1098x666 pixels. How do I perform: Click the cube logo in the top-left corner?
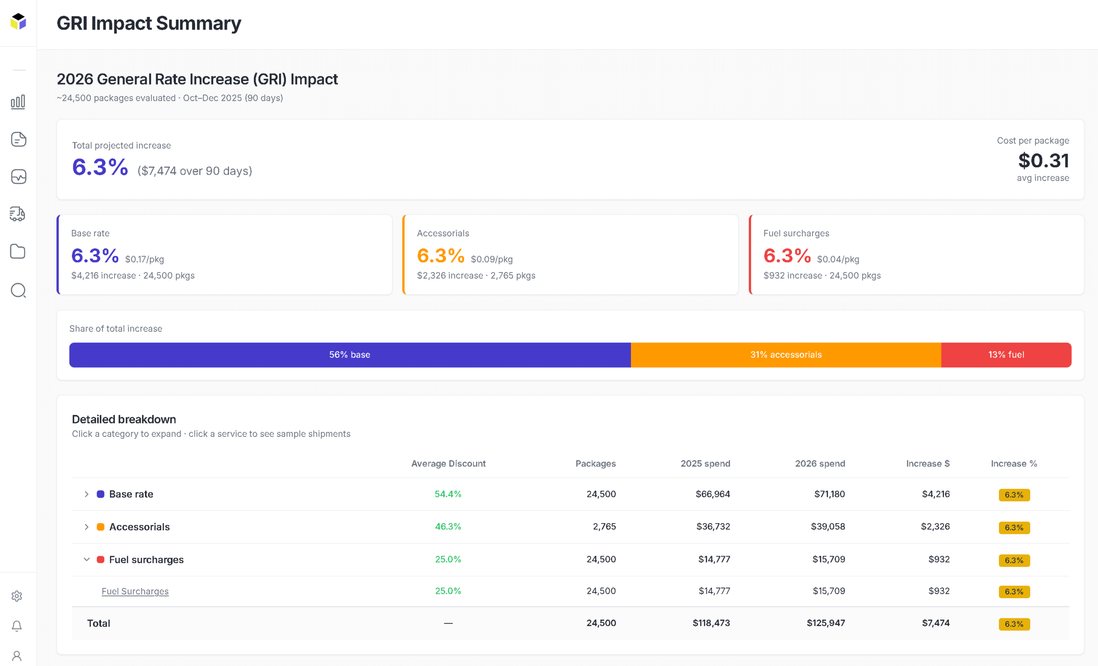pyautogui.click(x=18, y=21)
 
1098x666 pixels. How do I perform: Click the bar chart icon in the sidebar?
pyautogui.click(x=18, y=102)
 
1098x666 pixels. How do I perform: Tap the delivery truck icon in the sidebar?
pyautogui.click(x=18, y=214)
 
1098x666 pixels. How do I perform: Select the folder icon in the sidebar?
pyautogui.click(x=18, y=251)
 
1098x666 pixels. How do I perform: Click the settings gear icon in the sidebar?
pyautogui.click(x=17, y=596)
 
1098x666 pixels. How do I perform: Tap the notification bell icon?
pyautogui.click(x=17, y=626)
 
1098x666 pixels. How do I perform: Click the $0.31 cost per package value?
pyautogui.click(x=1043, y=160)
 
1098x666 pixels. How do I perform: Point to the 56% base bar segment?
pyautogui.click(x=350, y=355)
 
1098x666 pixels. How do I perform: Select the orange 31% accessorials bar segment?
pyautogui.click(x=786, y=355)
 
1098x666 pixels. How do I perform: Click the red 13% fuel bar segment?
pyautogui.click(x=1006, y=355)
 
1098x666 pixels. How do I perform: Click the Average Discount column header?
pyautogui.click(x=448, y=463)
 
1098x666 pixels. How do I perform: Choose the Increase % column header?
pyautogui.click(x=1014, y=463)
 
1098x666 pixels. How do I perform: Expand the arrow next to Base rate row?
pyautogui.click(x=87, y=494)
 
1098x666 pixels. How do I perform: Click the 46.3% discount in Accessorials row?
pyautogui.click(x=448, y=527)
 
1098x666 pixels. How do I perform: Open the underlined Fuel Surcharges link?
pyautogui.click(x=135, y=591)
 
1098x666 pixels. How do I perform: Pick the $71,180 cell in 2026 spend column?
pyautogui.click(x=830, y=494)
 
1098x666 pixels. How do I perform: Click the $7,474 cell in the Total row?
pyautogui.click(x=935, y=623)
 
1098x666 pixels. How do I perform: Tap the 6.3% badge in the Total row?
pyautogui.click(x=1014, y=624)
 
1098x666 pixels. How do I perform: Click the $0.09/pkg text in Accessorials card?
pyautogui.click(x=492, y=260)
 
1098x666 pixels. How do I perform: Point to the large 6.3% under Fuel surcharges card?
pyautogui.click(x=787, y=256)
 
